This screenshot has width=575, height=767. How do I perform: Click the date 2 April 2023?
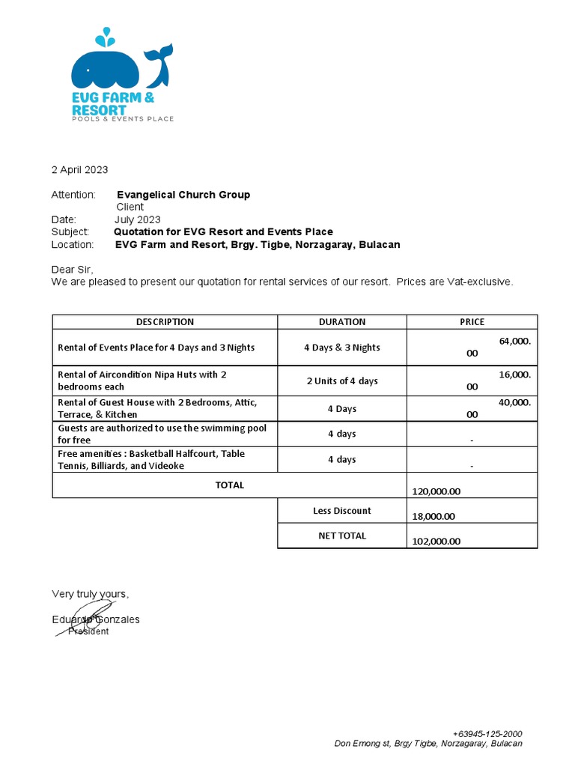tap(79, 170)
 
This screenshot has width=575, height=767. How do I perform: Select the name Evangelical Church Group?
tap(183, 195)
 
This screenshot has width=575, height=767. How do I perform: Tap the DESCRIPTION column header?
tap(165, 322)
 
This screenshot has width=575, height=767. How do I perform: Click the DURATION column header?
tap(342, 322)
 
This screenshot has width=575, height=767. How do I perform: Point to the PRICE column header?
tap(472, 322)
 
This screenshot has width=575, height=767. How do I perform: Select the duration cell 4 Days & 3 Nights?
tap(342, 348)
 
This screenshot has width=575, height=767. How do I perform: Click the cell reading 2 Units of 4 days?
tap(342, 381)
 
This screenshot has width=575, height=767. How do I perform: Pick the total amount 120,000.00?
tap(436, 491)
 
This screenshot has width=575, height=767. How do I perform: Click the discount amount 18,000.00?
tap(433, 516)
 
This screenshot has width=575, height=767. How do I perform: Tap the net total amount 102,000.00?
tap(436, 541)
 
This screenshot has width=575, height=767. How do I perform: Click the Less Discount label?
tap(342, 511)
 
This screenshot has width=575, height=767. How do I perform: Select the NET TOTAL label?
tap(342, 536)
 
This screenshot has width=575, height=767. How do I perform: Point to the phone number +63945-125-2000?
tap(487, 733)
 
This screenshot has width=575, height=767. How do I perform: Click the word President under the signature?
tap(88, 631)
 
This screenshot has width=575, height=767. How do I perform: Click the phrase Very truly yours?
tap(90, 594)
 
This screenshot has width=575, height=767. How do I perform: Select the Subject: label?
tap(70, 232)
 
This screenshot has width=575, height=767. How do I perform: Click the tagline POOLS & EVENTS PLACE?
tap(122, 119)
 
